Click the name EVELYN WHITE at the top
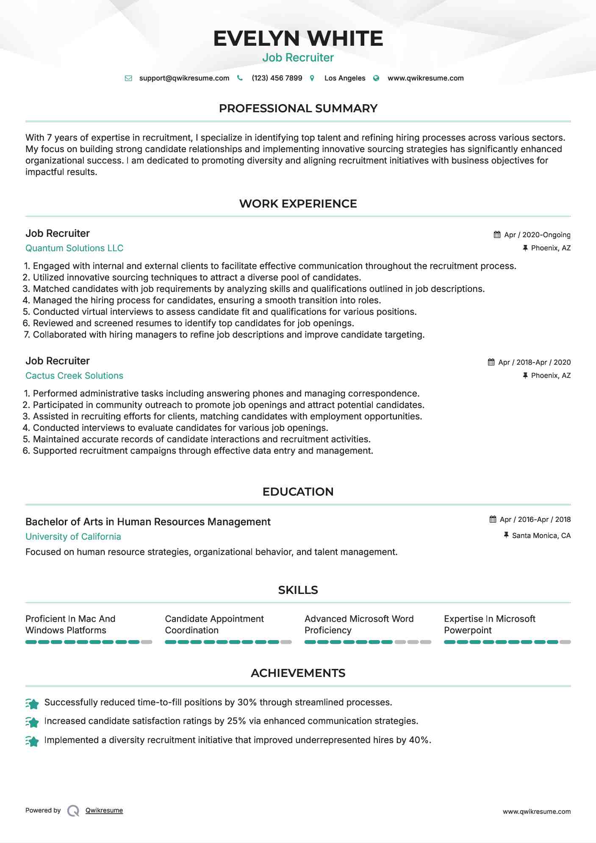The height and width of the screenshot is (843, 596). tap(298, 39)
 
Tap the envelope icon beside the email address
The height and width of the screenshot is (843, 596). tap(128, 78)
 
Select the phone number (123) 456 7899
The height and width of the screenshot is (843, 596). tap(277, 78)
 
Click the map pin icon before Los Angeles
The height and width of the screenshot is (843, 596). tap(312, 78)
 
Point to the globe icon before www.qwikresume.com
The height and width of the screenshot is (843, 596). tap(376, 78)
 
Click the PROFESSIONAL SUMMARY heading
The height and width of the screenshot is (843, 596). tap(298, 108)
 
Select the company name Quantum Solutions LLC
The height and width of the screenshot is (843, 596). tap(74, 248)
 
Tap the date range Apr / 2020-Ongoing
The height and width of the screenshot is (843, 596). tap(537, 235)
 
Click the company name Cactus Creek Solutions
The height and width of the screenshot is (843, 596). tap(74, 376)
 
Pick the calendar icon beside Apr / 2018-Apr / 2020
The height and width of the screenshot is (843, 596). tap(491, 362)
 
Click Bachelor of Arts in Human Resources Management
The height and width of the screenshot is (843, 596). tap(148, 522)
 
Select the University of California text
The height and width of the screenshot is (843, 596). tap(73, 537)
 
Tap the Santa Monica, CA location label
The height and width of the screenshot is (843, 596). tap(541, 536)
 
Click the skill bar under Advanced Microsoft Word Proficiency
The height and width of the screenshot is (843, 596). tap(368, 642)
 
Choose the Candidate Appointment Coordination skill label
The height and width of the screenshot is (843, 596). tap(214, 624)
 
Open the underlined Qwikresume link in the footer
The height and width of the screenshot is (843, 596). tap(104, 810)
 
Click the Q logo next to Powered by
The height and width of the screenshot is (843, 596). tap(73, 811)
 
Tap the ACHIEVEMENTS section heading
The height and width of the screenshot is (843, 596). tap(298, 673)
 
